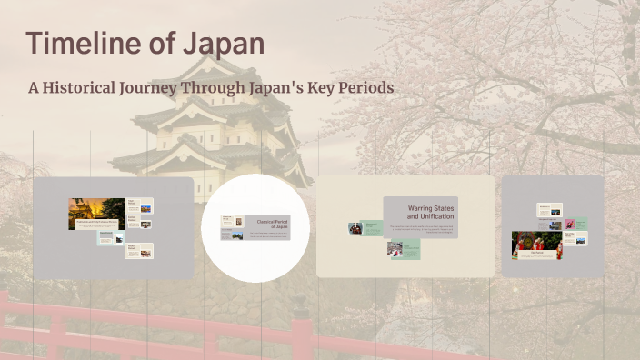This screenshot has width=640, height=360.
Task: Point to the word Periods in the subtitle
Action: (364, 89)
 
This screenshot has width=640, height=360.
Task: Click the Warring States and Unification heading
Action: (430, 213)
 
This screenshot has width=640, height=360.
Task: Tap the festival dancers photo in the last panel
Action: (535, 245)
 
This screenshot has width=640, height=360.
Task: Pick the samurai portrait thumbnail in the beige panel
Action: (355, 228)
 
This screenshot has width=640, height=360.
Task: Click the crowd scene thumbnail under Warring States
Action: (395, 248)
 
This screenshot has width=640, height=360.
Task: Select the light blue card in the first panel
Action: (111, 238)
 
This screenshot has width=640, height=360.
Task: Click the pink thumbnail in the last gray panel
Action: (569, 224)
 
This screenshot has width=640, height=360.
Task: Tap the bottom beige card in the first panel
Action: (139, 251)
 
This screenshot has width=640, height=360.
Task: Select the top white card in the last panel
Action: (549, 210)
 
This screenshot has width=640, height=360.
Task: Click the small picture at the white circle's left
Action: (227, 221)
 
